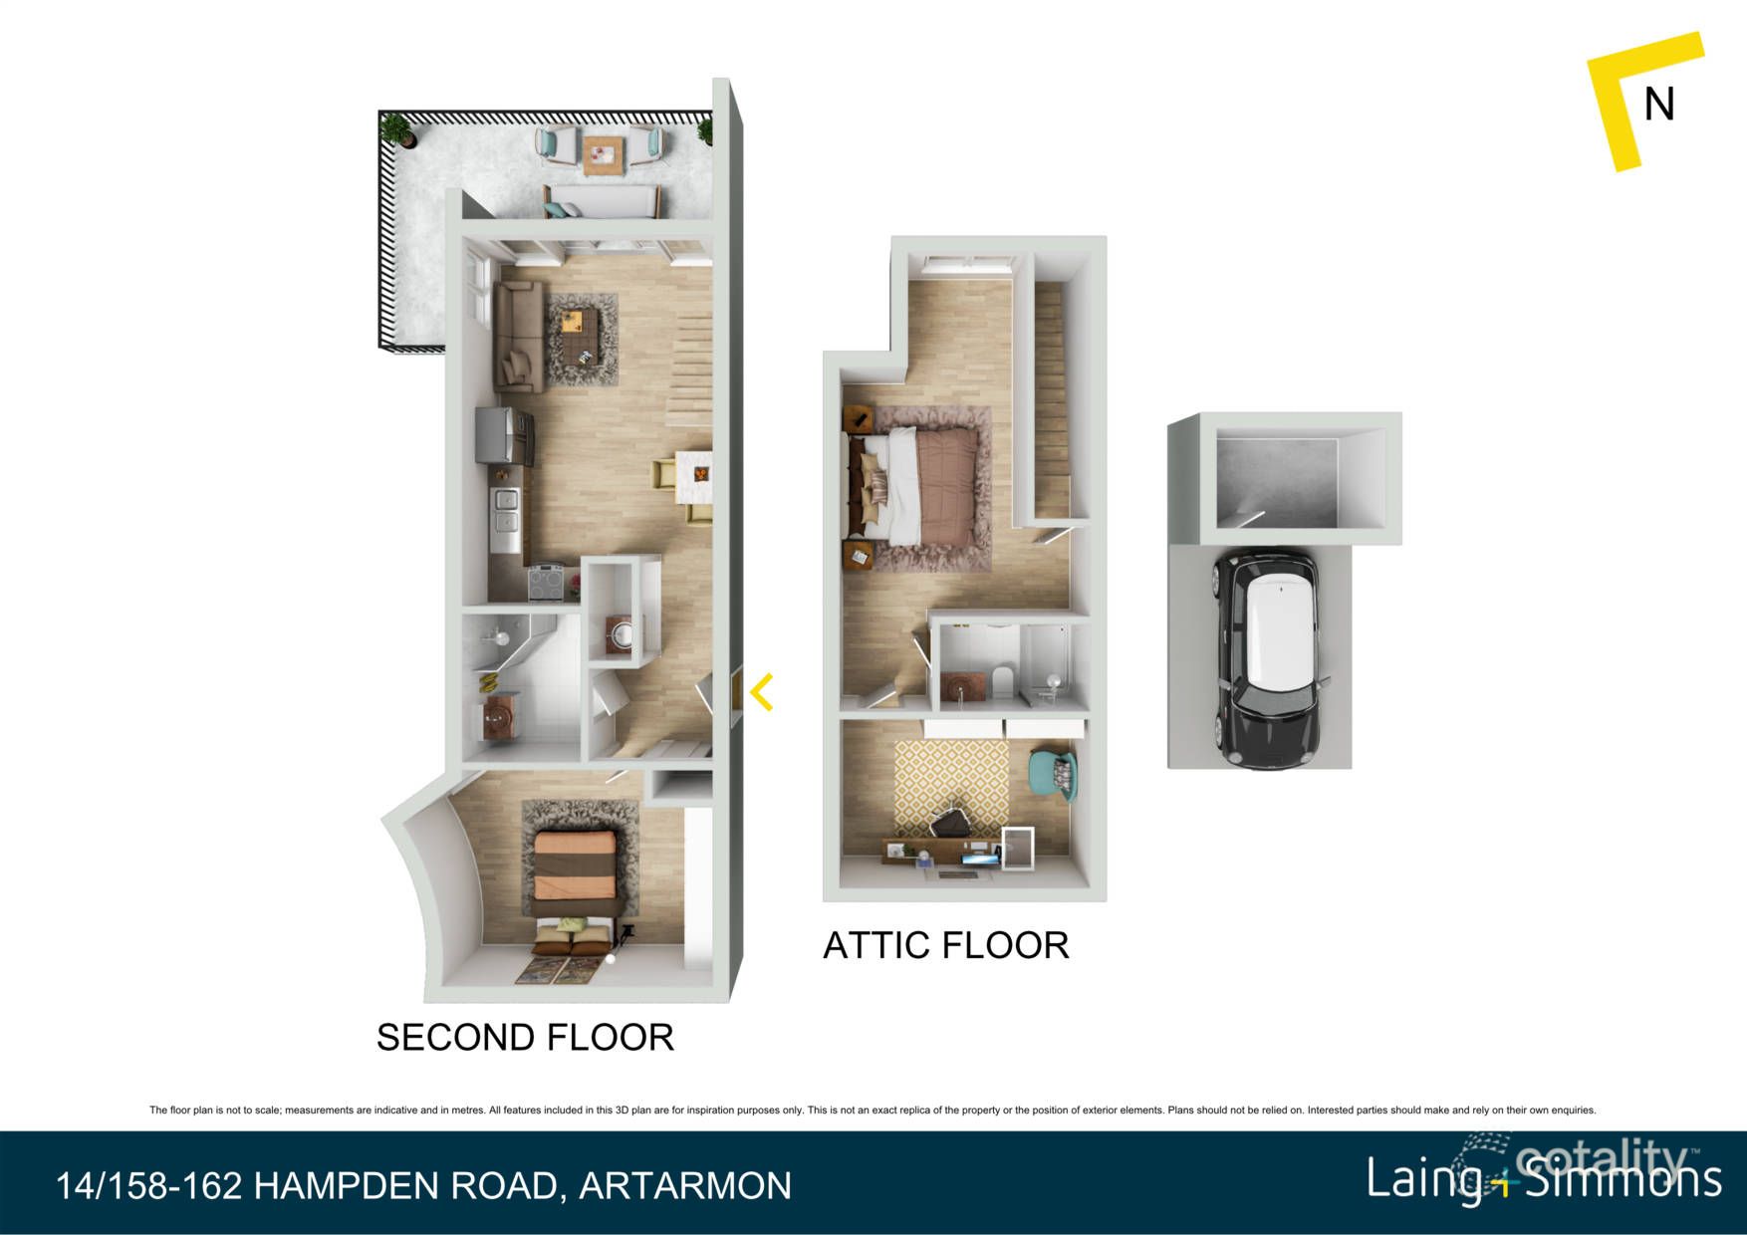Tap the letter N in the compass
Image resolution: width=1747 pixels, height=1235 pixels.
coord(1658,105)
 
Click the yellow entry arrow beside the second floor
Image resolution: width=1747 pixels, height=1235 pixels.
coord(762,692)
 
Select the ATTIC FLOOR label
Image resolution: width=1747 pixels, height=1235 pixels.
coord(945,945)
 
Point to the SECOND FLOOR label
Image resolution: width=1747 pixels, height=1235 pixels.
coord(525,1038)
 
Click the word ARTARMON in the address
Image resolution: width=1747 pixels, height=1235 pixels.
coord(685,1186)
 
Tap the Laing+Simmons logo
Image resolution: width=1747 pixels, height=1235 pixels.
coord(1543,1178)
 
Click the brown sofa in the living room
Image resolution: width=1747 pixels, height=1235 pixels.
coord(518,336)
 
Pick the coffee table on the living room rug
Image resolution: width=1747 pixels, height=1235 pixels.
coord(580,336)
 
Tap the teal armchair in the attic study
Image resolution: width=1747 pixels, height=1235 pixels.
coord(1054,776)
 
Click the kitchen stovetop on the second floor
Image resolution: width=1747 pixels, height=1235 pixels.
coord(545,582)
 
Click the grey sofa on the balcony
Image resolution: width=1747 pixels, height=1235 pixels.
coord(600,202)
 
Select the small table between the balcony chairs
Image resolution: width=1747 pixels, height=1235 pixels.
coord(603,154)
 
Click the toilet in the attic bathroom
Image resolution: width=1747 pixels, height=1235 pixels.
coord(1001,682)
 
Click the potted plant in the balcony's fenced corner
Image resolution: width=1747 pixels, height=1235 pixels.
coord(397,128)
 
